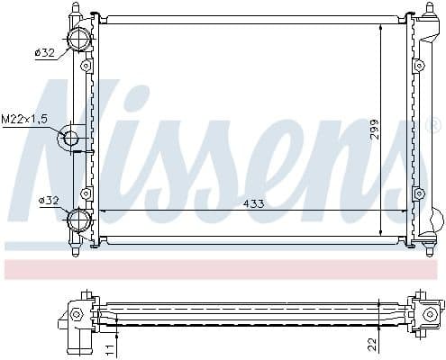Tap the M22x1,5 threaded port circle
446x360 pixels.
click(70, 138)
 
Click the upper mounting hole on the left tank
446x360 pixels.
click(86, 66)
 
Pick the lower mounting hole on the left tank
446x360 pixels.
click(86, 193)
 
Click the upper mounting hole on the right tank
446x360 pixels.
click(419, 66)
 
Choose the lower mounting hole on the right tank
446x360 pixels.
click(419, 193)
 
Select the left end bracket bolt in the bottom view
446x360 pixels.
click(77, 313)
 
